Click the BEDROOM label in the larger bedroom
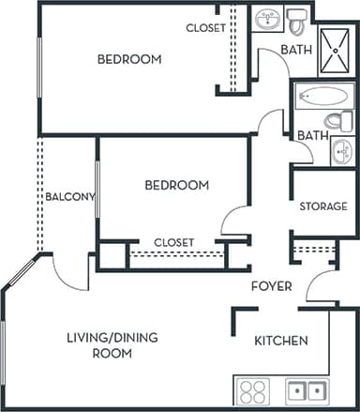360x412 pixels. pyautogui.click(x=129, y=59)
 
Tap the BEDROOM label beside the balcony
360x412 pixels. pyautogui.click(x=176, y=185)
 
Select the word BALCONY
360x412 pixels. pyautogui.click(x=69, y=196)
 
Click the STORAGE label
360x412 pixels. pyautogui.click(x=323, y=206)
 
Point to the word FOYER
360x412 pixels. pyautogui.click(x=271, y=286)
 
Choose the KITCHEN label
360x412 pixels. pyautogui.click(x=281, y=341)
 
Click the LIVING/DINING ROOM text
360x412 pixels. pyautogui.click(x=98, y=345)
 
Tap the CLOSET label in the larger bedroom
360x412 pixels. pyautogui.click(x=205, y=28)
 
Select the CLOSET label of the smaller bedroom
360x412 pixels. pyautogui.click(x=173, y=242)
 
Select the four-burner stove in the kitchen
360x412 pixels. pyautogui.click(x=253, y=390)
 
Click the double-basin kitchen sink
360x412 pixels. pyautogui.click(x=307, y=390)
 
